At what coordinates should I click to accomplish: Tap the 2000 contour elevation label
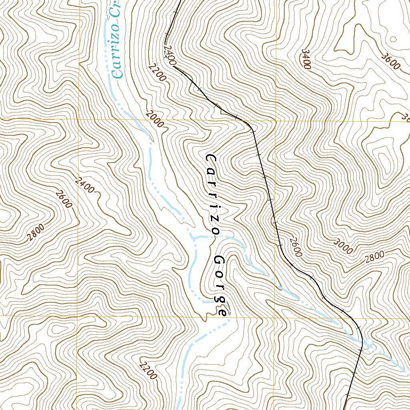[x=155, y=119]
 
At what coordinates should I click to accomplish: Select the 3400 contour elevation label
[x=306, y=59]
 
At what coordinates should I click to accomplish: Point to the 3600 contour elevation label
[x=391, y=61]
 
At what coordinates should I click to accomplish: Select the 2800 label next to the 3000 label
[x=375, y=256]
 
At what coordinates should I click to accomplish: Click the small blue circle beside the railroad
[x=369, y=343]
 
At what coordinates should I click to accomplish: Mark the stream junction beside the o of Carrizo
[x=195, y=237]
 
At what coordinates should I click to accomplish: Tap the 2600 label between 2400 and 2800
[x=64, y=199]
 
